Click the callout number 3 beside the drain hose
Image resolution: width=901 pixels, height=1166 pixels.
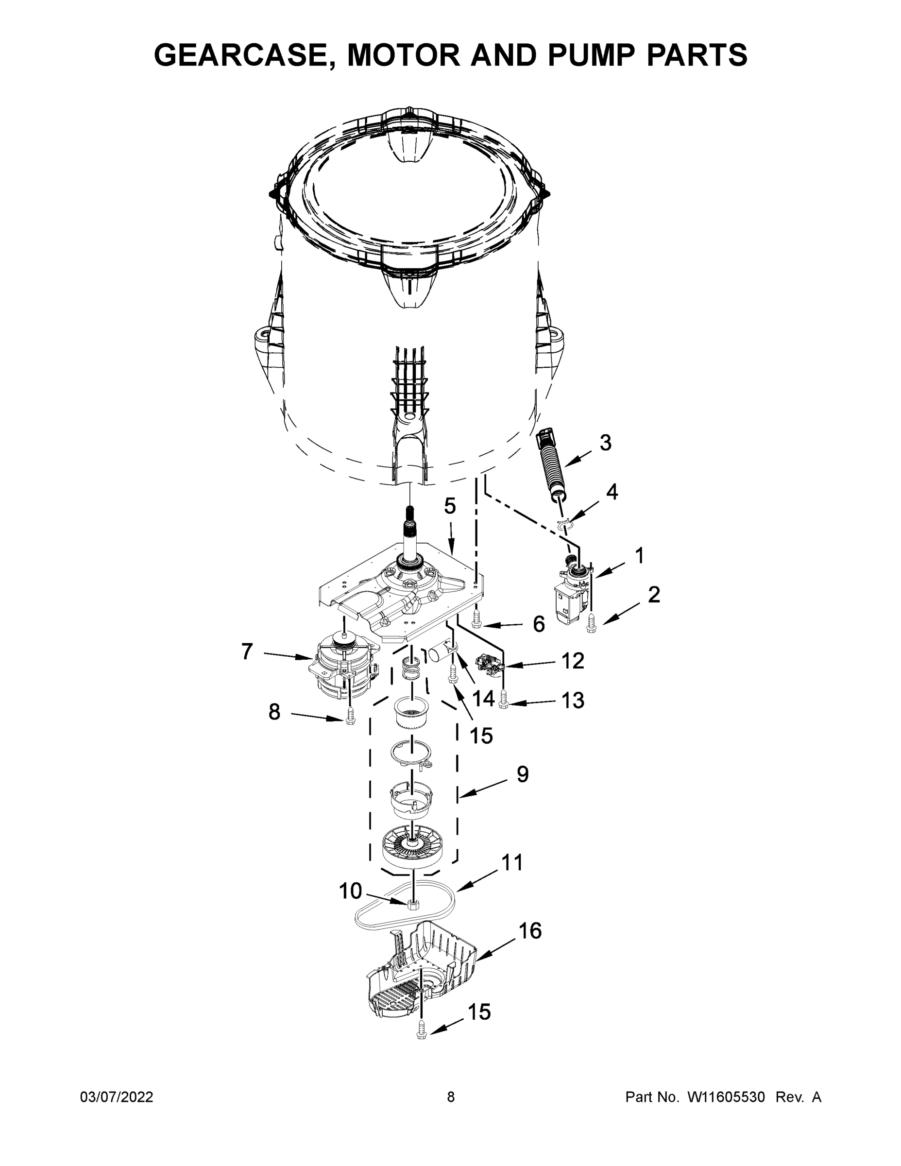tap(605, 443)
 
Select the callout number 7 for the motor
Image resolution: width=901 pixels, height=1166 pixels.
tap(247, 652)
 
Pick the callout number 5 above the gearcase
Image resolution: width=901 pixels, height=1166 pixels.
tap(450, 506)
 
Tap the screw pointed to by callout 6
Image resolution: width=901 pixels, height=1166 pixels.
tap(476, 621)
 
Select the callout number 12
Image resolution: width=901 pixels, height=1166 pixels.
tap(573, 661)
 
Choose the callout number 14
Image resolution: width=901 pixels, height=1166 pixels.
tap(484, 698)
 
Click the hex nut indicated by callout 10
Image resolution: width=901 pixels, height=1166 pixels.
tap(412, 903)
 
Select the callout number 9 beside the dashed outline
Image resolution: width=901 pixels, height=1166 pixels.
tap(523, 773)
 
